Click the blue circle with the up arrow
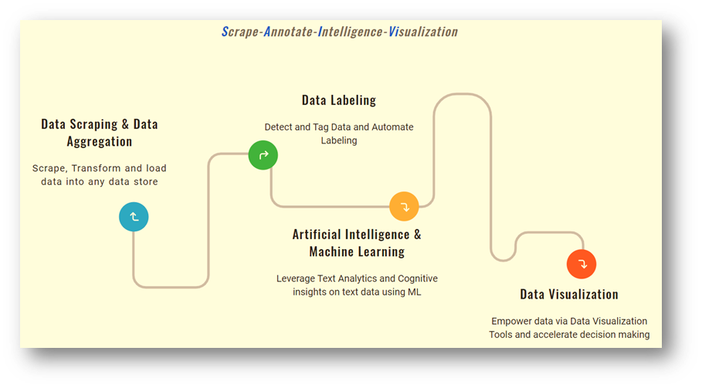134,217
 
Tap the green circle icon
263,155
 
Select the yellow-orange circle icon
404,207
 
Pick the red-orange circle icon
582,264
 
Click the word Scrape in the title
240,32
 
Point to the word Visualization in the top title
423,32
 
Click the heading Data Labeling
339,100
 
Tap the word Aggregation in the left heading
100,142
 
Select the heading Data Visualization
569,294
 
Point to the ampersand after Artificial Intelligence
417,234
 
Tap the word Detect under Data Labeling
278,127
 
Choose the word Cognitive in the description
418,278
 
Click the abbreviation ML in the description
414,292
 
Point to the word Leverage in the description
296,279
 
